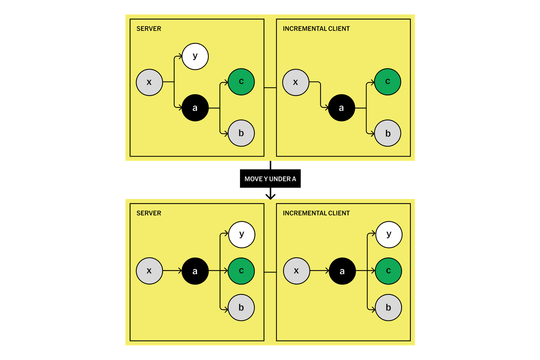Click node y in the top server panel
pos(195,56)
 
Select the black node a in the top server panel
pos(195,107)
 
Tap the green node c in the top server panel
pos(241,81)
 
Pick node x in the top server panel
pos(149,81)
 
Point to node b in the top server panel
pos(241,133)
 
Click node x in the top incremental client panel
pos(295,81)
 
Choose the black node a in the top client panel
pos(341,107)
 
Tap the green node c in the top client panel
pos(387,81)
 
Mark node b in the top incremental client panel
pos(387,133)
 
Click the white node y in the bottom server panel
pos(241,234)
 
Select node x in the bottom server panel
pos(149,271)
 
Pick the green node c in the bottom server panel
pos(241,271)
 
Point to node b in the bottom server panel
pos(241,307)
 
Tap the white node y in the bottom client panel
pos(388,234)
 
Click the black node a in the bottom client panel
pos(342,271)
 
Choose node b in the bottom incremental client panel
pos(388,307)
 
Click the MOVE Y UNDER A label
pos(270,179)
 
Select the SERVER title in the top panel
pos(149,29)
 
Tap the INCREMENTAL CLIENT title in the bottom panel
pos(316,213)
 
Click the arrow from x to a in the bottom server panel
pos(172,271)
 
